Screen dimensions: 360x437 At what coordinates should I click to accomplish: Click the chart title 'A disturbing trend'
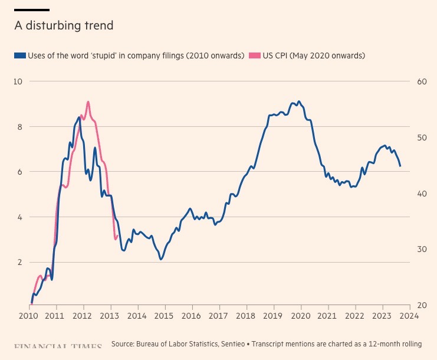pyautogui.click(x=64, y=25)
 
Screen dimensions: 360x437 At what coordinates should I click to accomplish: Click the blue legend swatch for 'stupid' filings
pyautogui.click(x=19, y=55)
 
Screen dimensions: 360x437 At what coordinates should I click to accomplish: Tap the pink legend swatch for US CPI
pyautogui.click(x=255, y=55)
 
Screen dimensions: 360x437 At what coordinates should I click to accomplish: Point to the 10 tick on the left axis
pyautogui.click(x=18, y=81)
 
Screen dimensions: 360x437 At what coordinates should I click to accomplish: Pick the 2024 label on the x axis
pyautogui.click(x=409, y=316)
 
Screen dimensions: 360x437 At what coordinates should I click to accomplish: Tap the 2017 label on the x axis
pyautogui.click(x=219, y=316)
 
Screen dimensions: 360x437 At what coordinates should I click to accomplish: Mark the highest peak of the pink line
pyautogui.click(x=88, y=102)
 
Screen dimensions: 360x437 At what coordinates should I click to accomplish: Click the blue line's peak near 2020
pyautogui.click(x=299, y=102)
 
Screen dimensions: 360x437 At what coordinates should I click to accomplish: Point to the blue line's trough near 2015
pyautogui.click(x=160, y=259)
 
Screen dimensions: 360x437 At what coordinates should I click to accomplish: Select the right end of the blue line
pyautogui.click(x=400, y=166)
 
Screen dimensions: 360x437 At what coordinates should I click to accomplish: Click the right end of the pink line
pyautogui.click(x=117, y=236)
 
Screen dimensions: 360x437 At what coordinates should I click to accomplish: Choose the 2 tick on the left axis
pyautogui.click(x=19, y=263)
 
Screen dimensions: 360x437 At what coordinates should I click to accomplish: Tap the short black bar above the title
pyautogui.click(x=31, y=9)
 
